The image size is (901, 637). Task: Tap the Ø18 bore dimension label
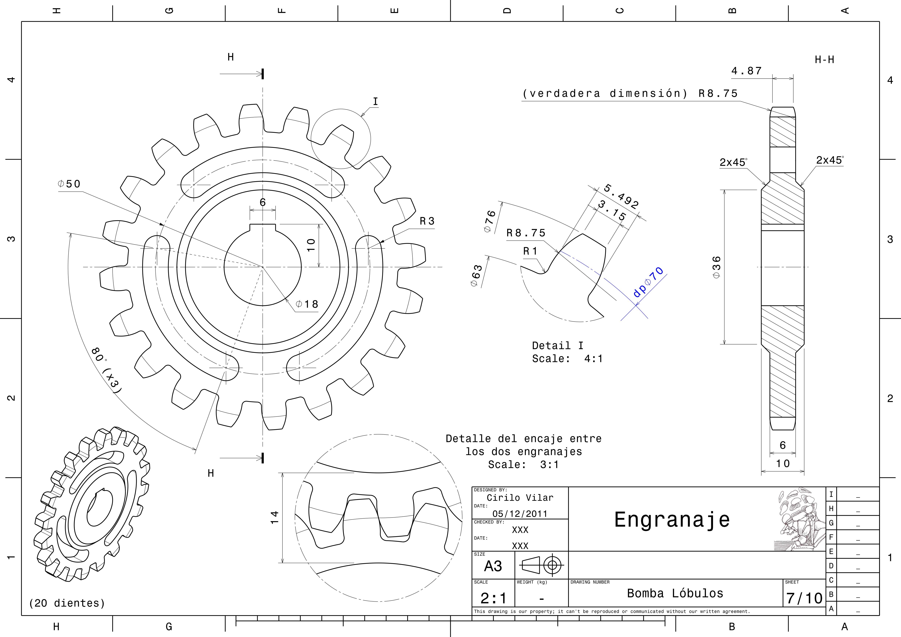[x=307, y=304]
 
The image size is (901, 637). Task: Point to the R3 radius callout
[x=427, y=221]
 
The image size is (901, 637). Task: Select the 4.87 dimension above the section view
[x=746, y=71]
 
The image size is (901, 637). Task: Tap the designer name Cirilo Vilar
[x=520, y=498]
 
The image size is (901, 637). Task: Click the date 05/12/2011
[x=520, y=514]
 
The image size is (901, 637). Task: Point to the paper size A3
[x=493, y=566]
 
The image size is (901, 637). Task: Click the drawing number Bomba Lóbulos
[x=675, y=593]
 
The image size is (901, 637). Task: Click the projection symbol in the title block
[x=542, y=565]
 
